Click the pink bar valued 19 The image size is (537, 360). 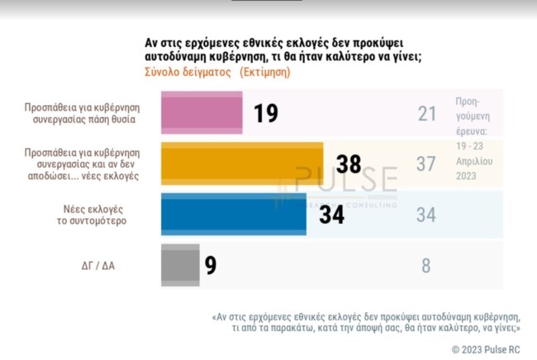[201, 112]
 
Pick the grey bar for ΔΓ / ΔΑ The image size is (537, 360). [178, 266]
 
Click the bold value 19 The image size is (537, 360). [265, 113]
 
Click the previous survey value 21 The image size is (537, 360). [426, 113]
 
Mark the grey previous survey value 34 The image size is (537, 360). [426, 216]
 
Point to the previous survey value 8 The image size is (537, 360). [426, 267]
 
